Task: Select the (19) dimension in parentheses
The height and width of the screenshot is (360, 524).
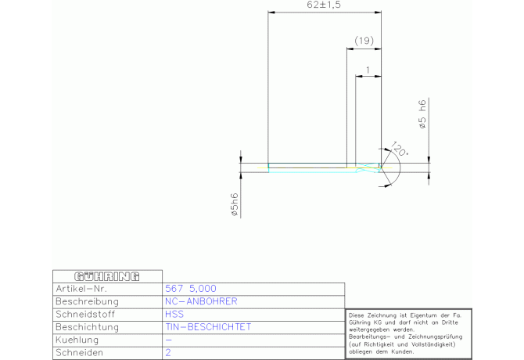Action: coord(364,41)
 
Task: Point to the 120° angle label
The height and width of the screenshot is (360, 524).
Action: coord(399,149)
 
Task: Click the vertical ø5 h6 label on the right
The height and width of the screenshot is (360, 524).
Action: coord(422,114)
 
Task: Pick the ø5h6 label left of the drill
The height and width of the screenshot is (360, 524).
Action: coord(233,203)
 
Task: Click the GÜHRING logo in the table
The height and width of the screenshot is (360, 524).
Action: coord(106,276)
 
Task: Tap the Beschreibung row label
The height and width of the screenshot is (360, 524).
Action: coord(87,301)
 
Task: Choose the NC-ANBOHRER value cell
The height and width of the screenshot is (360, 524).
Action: coord(201,301)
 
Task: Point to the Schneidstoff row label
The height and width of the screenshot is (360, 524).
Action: coord(87,314)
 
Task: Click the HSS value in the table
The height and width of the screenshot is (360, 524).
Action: coord(174,314)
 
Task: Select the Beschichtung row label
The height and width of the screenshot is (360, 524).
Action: coord(87,327)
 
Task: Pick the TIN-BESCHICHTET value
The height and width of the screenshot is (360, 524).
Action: coord(208,327)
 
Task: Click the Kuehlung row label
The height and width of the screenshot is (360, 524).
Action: coord(78,340)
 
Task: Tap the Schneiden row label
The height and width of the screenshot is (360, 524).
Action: coord(81,353)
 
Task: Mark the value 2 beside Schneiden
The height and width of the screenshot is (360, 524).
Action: coord(168,353)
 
